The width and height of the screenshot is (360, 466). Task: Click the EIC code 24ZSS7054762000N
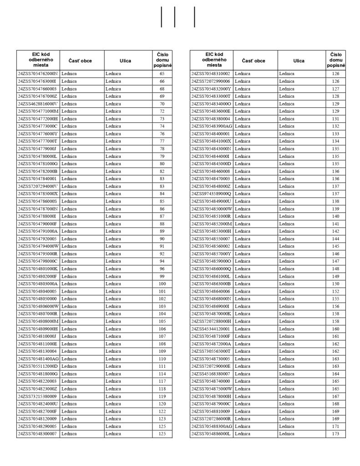click(x=38, y=74)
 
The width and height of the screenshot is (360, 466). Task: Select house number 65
click(x=162, y=74)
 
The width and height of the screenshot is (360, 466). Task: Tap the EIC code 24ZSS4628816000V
click(x=38, y=104)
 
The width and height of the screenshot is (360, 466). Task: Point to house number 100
click(x=162, y=284)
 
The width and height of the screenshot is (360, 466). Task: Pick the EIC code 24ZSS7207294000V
click(x=38, y=186)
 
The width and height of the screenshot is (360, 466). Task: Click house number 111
click(x=162, y=366)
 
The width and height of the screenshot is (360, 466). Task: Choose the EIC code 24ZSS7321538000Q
click(x=38, y=396)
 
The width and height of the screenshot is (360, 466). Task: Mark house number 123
click(x=162, y=419)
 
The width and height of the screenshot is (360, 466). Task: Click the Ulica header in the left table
click(x=126, y=61)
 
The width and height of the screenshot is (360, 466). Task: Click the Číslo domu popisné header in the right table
click(x=335, y=60)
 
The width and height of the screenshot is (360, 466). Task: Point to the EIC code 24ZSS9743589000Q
click(x=211, y=193)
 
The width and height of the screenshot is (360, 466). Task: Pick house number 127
click(x=335, y=89)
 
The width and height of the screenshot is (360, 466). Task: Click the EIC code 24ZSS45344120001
click(x=211, y=329)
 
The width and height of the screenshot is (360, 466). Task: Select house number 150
click(x=335, y=284)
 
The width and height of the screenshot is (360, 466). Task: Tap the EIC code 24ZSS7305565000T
click(x=211, y=351)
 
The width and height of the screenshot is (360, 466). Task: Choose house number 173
click(x=335, y=434)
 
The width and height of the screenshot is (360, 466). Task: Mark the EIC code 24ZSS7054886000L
click(x=211, y=434)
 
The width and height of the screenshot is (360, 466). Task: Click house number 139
click(x=335, y=208)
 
